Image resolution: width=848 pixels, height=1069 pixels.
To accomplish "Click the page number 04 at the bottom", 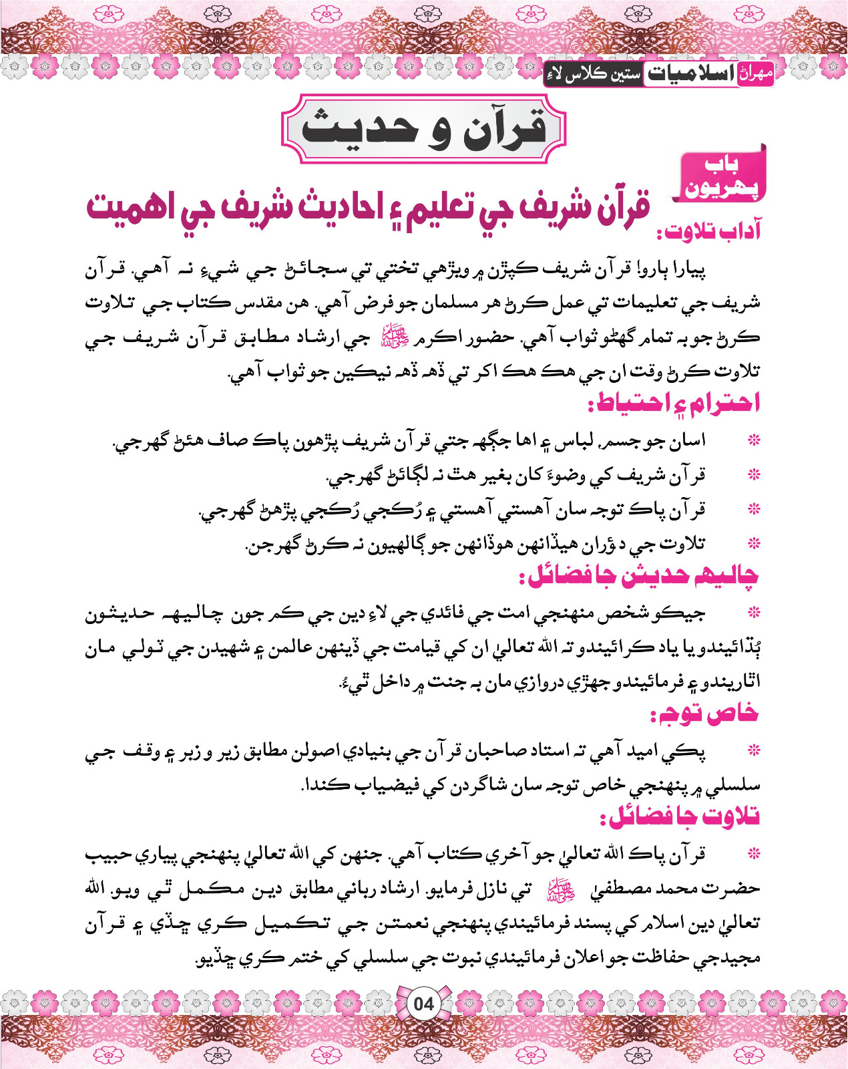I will point(423,1004).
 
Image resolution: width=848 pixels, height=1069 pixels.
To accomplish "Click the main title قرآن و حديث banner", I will point(424,129).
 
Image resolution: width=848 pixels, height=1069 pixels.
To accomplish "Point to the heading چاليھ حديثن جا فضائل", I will point(643,577).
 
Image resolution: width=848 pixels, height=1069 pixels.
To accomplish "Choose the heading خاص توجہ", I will point(705,714).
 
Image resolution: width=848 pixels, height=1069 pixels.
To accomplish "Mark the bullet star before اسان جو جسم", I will point(754,441).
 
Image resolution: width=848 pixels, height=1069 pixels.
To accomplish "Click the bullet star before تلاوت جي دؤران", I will point(754,544).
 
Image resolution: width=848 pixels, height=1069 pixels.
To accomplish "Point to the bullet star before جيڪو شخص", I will point(754,613).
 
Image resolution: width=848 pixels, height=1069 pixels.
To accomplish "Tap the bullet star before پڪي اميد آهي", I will point(754,751).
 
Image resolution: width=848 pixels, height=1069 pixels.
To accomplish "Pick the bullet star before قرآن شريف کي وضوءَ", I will point(754,475).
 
